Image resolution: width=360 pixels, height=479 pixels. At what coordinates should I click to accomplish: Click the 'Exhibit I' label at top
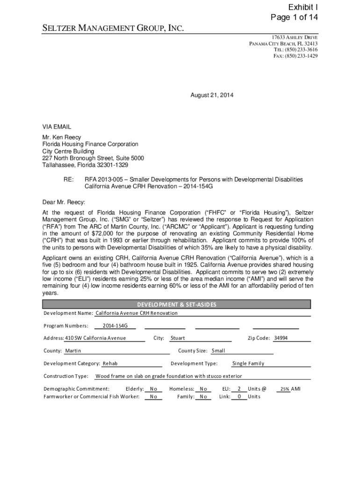click(x=302, y=7)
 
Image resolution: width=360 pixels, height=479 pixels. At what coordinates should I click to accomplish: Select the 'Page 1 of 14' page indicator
click(x=294, y=18)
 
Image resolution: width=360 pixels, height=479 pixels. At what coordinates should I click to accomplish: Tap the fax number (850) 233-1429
click(x=295, y=56)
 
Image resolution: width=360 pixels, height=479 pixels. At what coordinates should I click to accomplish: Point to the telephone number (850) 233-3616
click(x=295, y=50)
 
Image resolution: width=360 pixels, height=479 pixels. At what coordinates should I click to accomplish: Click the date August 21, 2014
click(x=212, y=95)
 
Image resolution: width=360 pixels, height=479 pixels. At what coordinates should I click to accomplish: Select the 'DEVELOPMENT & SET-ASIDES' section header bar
click(x=177, y=305)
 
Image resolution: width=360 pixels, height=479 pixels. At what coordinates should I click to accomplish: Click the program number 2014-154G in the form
click(x=115, y=326)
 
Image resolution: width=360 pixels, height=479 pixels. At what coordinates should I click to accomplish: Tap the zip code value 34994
click(x=281, y=338)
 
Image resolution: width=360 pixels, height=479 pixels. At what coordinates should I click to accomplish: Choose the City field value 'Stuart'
click(x=178, y=338)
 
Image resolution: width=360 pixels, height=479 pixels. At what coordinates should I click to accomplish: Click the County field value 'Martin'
click(x=73, y=351)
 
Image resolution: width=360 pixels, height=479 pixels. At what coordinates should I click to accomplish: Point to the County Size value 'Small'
click(x=218, y=351)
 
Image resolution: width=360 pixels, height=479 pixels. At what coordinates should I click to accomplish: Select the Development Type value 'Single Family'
click(x=248, y=363)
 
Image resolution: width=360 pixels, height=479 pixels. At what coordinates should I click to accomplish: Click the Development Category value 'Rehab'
click(x=110, y=363)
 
